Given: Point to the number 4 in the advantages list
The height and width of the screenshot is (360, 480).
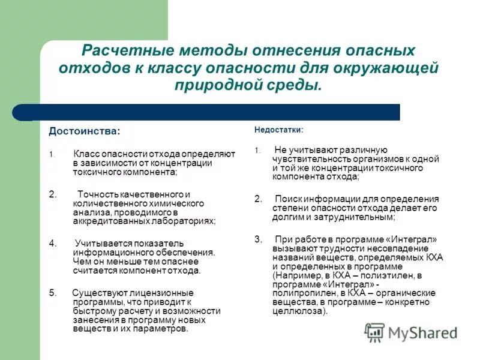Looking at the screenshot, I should point(52,243).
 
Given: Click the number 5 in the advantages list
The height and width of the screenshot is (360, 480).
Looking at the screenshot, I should point(52,293).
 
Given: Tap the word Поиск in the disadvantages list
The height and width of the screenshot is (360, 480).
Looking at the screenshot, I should point(287,199).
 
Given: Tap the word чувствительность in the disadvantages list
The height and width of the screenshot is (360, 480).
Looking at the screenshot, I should point(310,159).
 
